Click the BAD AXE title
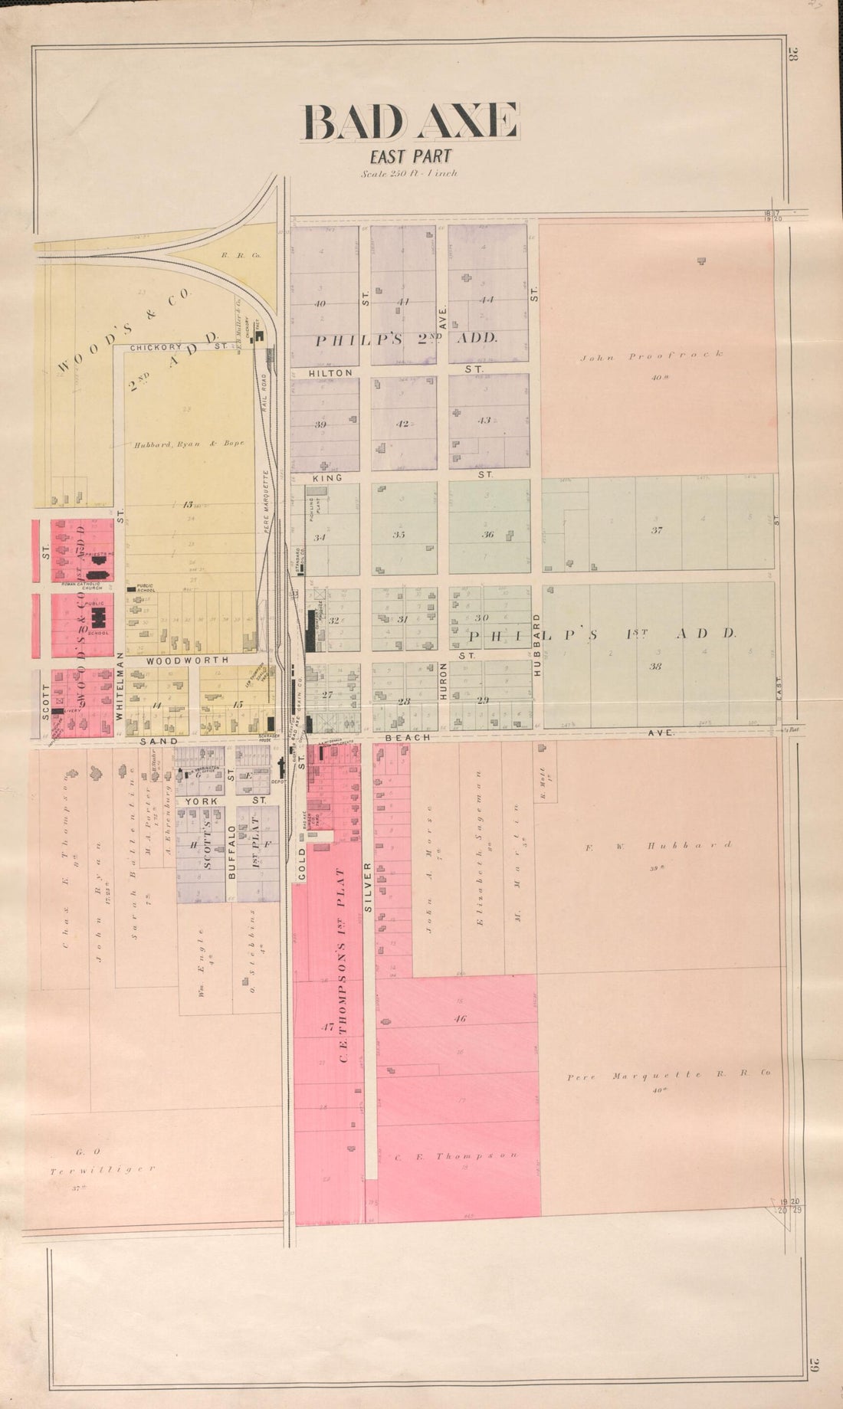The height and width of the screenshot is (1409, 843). tap(411, 123)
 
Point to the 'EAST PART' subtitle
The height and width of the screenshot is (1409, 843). tap(410, 158)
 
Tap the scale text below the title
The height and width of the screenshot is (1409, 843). tap(410, 174)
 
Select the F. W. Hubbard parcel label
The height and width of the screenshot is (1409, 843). tap(658, 846)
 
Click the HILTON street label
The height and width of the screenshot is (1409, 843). tap(330, 372)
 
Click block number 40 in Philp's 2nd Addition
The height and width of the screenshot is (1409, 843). tap(320, 303)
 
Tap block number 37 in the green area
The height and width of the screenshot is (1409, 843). tap(656, 529)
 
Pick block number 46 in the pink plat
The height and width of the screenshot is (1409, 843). tap(459, 1019)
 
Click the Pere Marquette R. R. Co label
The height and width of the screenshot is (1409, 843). tap(668, 1076)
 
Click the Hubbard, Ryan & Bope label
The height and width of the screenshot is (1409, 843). tap(189, 444)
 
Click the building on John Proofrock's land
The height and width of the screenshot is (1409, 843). tap(701, 261)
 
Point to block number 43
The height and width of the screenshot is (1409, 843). tap(484, 420)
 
